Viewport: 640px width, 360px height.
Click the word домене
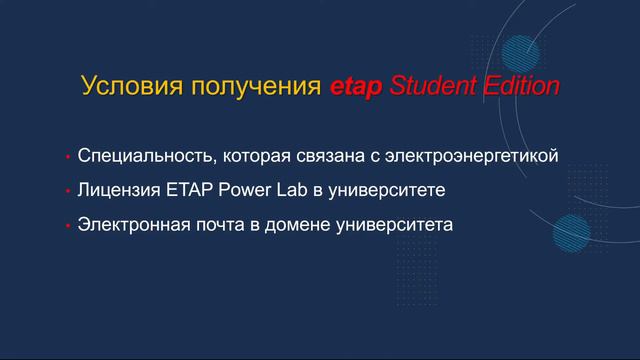[303, 223]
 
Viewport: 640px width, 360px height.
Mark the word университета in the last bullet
[398, 223]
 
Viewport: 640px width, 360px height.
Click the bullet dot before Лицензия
[66, 190]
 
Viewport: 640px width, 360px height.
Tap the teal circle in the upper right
[521, 50]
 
